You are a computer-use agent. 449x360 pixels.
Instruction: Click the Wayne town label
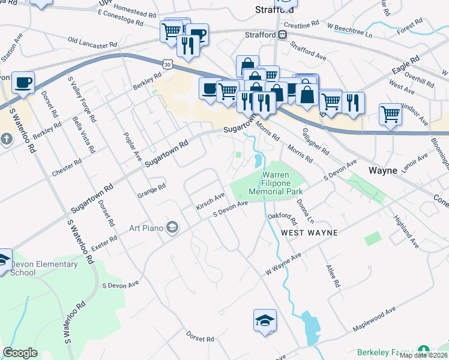pyautogui.click(x=382, y=170)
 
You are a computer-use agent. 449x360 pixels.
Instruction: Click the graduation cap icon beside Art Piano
pyautogui.click(x=172, y=227)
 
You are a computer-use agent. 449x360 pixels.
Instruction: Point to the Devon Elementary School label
pyautogui.click(x=43, y=268)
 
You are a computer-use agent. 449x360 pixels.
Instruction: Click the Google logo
pyautogui.click(x=20, y=353)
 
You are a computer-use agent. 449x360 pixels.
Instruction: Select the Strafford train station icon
pyautogui.click(x=280, y=35)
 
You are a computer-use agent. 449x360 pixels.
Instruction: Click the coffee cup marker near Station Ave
pyautogui.click(x=23, y=82)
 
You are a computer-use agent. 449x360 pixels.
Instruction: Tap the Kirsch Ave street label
pyautogui.click(x=210, y=202)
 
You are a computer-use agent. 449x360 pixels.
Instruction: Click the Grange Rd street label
pyautogui.click(x=151, y=190)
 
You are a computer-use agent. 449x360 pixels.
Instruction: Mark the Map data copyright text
pyautogui.click(x=423, y=355)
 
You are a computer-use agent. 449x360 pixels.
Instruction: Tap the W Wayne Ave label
pyautogui.click(x=283, y=265)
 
